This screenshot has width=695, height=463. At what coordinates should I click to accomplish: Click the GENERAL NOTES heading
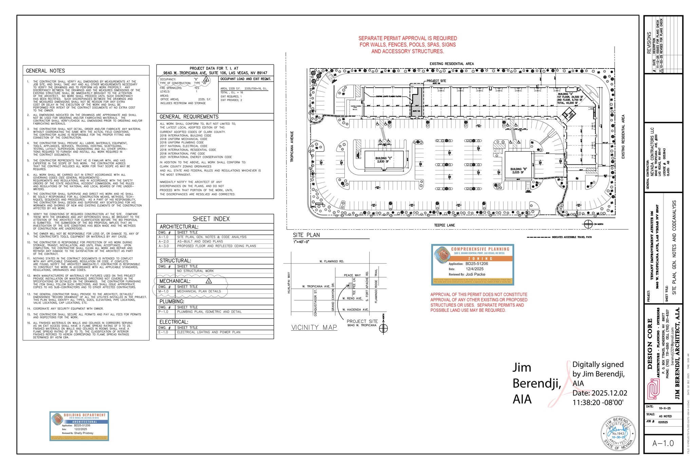(x=45, y=71)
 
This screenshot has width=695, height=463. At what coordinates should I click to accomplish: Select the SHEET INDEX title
(x=211, y=219)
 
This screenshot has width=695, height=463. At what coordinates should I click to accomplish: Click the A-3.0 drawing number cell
(x=164, y=246)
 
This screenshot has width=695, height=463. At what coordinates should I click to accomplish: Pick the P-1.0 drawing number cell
(x=163, y=312)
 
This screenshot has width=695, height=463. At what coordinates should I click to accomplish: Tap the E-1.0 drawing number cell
(x=163, y=332)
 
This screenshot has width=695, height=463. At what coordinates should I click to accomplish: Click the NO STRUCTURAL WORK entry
(x=195, y=271)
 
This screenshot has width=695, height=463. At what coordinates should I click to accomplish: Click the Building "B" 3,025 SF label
(x=519, y=171)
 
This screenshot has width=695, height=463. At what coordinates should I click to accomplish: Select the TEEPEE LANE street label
(x=444, y=225)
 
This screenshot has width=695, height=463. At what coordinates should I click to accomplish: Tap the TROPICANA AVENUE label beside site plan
(x=292, y=147)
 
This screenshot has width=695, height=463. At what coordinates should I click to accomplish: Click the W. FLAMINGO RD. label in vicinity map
(x=332, y=262)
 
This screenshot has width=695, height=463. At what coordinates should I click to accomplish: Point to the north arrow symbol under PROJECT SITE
(x=383, y=328)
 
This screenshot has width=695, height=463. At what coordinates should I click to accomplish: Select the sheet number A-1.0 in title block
(x=663, y=443)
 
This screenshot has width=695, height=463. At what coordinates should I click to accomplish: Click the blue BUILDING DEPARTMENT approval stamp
(x=79, y=426)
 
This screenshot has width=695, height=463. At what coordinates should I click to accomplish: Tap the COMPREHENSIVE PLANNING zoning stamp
(x=472, y=265)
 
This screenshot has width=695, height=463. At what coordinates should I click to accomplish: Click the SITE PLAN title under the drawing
(x=306, y=235)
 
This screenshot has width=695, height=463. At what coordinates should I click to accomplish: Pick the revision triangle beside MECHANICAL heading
(x=209, y=281)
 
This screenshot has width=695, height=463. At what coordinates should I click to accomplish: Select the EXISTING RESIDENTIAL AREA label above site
(x=451, y=64)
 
